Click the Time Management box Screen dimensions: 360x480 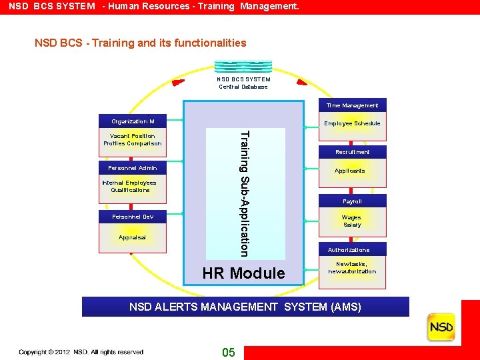point(352,105)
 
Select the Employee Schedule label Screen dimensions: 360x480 point(352,123)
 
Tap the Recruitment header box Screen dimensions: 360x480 point(352,152)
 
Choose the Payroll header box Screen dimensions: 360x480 point(352,201)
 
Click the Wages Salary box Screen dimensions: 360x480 point(352,221)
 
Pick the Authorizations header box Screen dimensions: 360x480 point(349,250)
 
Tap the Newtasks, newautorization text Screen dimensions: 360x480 point(352,268)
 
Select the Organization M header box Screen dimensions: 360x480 point(133,122)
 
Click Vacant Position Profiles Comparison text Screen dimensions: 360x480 point(133,140)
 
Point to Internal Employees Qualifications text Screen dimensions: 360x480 point(129,186)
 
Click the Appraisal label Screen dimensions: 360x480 point(133,237)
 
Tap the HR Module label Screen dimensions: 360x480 point(243,273)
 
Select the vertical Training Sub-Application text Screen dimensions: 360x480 point(245,193)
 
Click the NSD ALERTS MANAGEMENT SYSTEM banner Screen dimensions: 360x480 point(245,307)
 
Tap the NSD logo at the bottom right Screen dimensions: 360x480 point(441,327)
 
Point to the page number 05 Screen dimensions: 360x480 point(229,353)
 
